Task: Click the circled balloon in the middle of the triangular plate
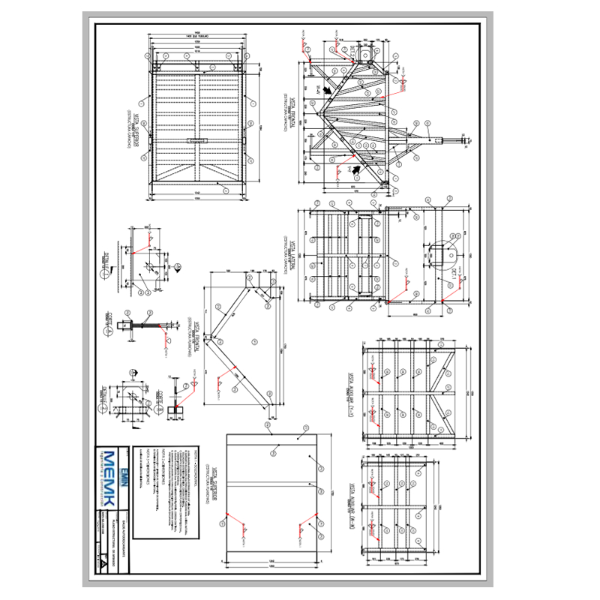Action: pos(254,340)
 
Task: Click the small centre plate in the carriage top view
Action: pos(197,140)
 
